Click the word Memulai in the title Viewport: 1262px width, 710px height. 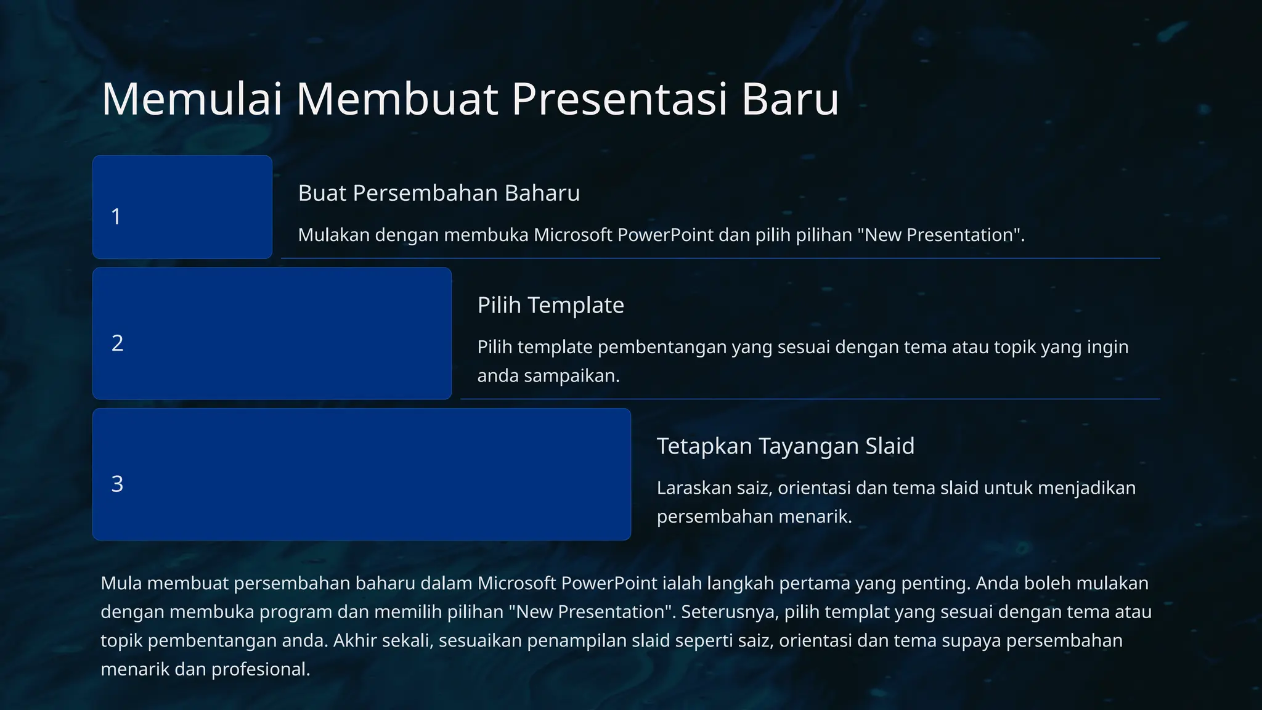192,99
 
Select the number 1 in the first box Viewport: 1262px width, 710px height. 116,217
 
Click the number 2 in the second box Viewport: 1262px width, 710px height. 117,343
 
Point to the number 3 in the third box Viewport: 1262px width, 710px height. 117,484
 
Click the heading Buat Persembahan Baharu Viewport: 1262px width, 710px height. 439,194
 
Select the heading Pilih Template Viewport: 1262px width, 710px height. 550,306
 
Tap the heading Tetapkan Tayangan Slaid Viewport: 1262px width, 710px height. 785,446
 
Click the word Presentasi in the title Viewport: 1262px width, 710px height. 620,99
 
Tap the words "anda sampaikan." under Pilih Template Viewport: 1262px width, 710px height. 548,376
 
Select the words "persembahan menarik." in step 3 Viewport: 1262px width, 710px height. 754,516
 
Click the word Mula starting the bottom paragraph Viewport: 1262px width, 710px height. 121,584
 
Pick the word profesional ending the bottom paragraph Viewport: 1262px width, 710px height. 260,669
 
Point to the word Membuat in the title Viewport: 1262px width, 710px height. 397,99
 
